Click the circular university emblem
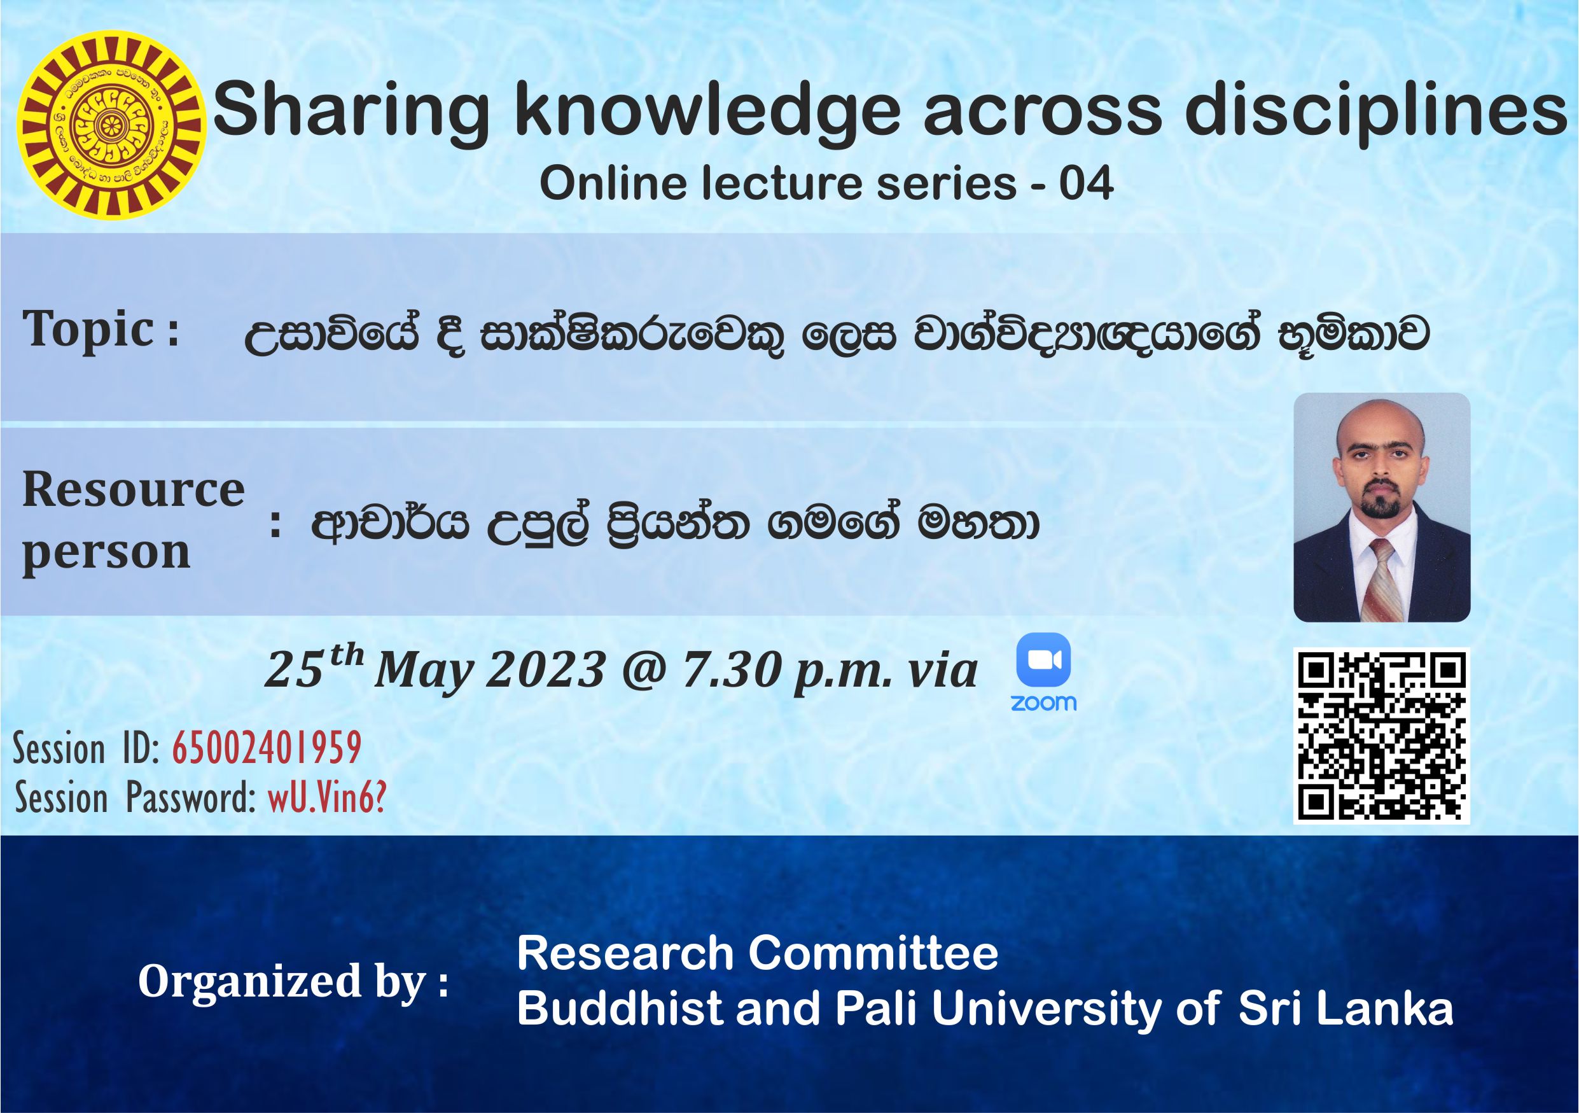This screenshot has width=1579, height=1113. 111,125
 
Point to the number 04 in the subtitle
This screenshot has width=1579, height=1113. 1086,184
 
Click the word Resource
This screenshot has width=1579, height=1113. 134,490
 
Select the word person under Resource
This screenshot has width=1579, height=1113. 107,553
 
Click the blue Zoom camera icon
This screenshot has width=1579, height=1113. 1043,660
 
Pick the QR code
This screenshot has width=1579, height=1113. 1382,736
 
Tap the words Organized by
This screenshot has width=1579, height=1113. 293,982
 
